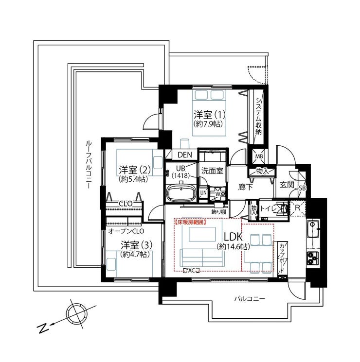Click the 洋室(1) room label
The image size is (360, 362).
pos(209,115)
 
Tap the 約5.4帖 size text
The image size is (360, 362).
pos(133,179)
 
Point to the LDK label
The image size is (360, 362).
pos(233,237)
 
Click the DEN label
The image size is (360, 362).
pos(185,155)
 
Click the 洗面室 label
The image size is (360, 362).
pos(212,171)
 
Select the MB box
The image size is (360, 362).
pos(259,156)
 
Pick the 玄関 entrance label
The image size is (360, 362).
pos(287,185)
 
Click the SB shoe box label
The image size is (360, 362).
pos(302,188)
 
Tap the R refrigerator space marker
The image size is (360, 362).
pos(298,208)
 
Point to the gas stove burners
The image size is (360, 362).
pos(312,258)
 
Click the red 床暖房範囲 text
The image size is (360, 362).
pos(190,223)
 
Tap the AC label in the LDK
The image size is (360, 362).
pos(191,271)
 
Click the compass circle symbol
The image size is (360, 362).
pos(77,313)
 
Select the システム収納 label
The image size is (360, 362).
pos(258,116)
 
